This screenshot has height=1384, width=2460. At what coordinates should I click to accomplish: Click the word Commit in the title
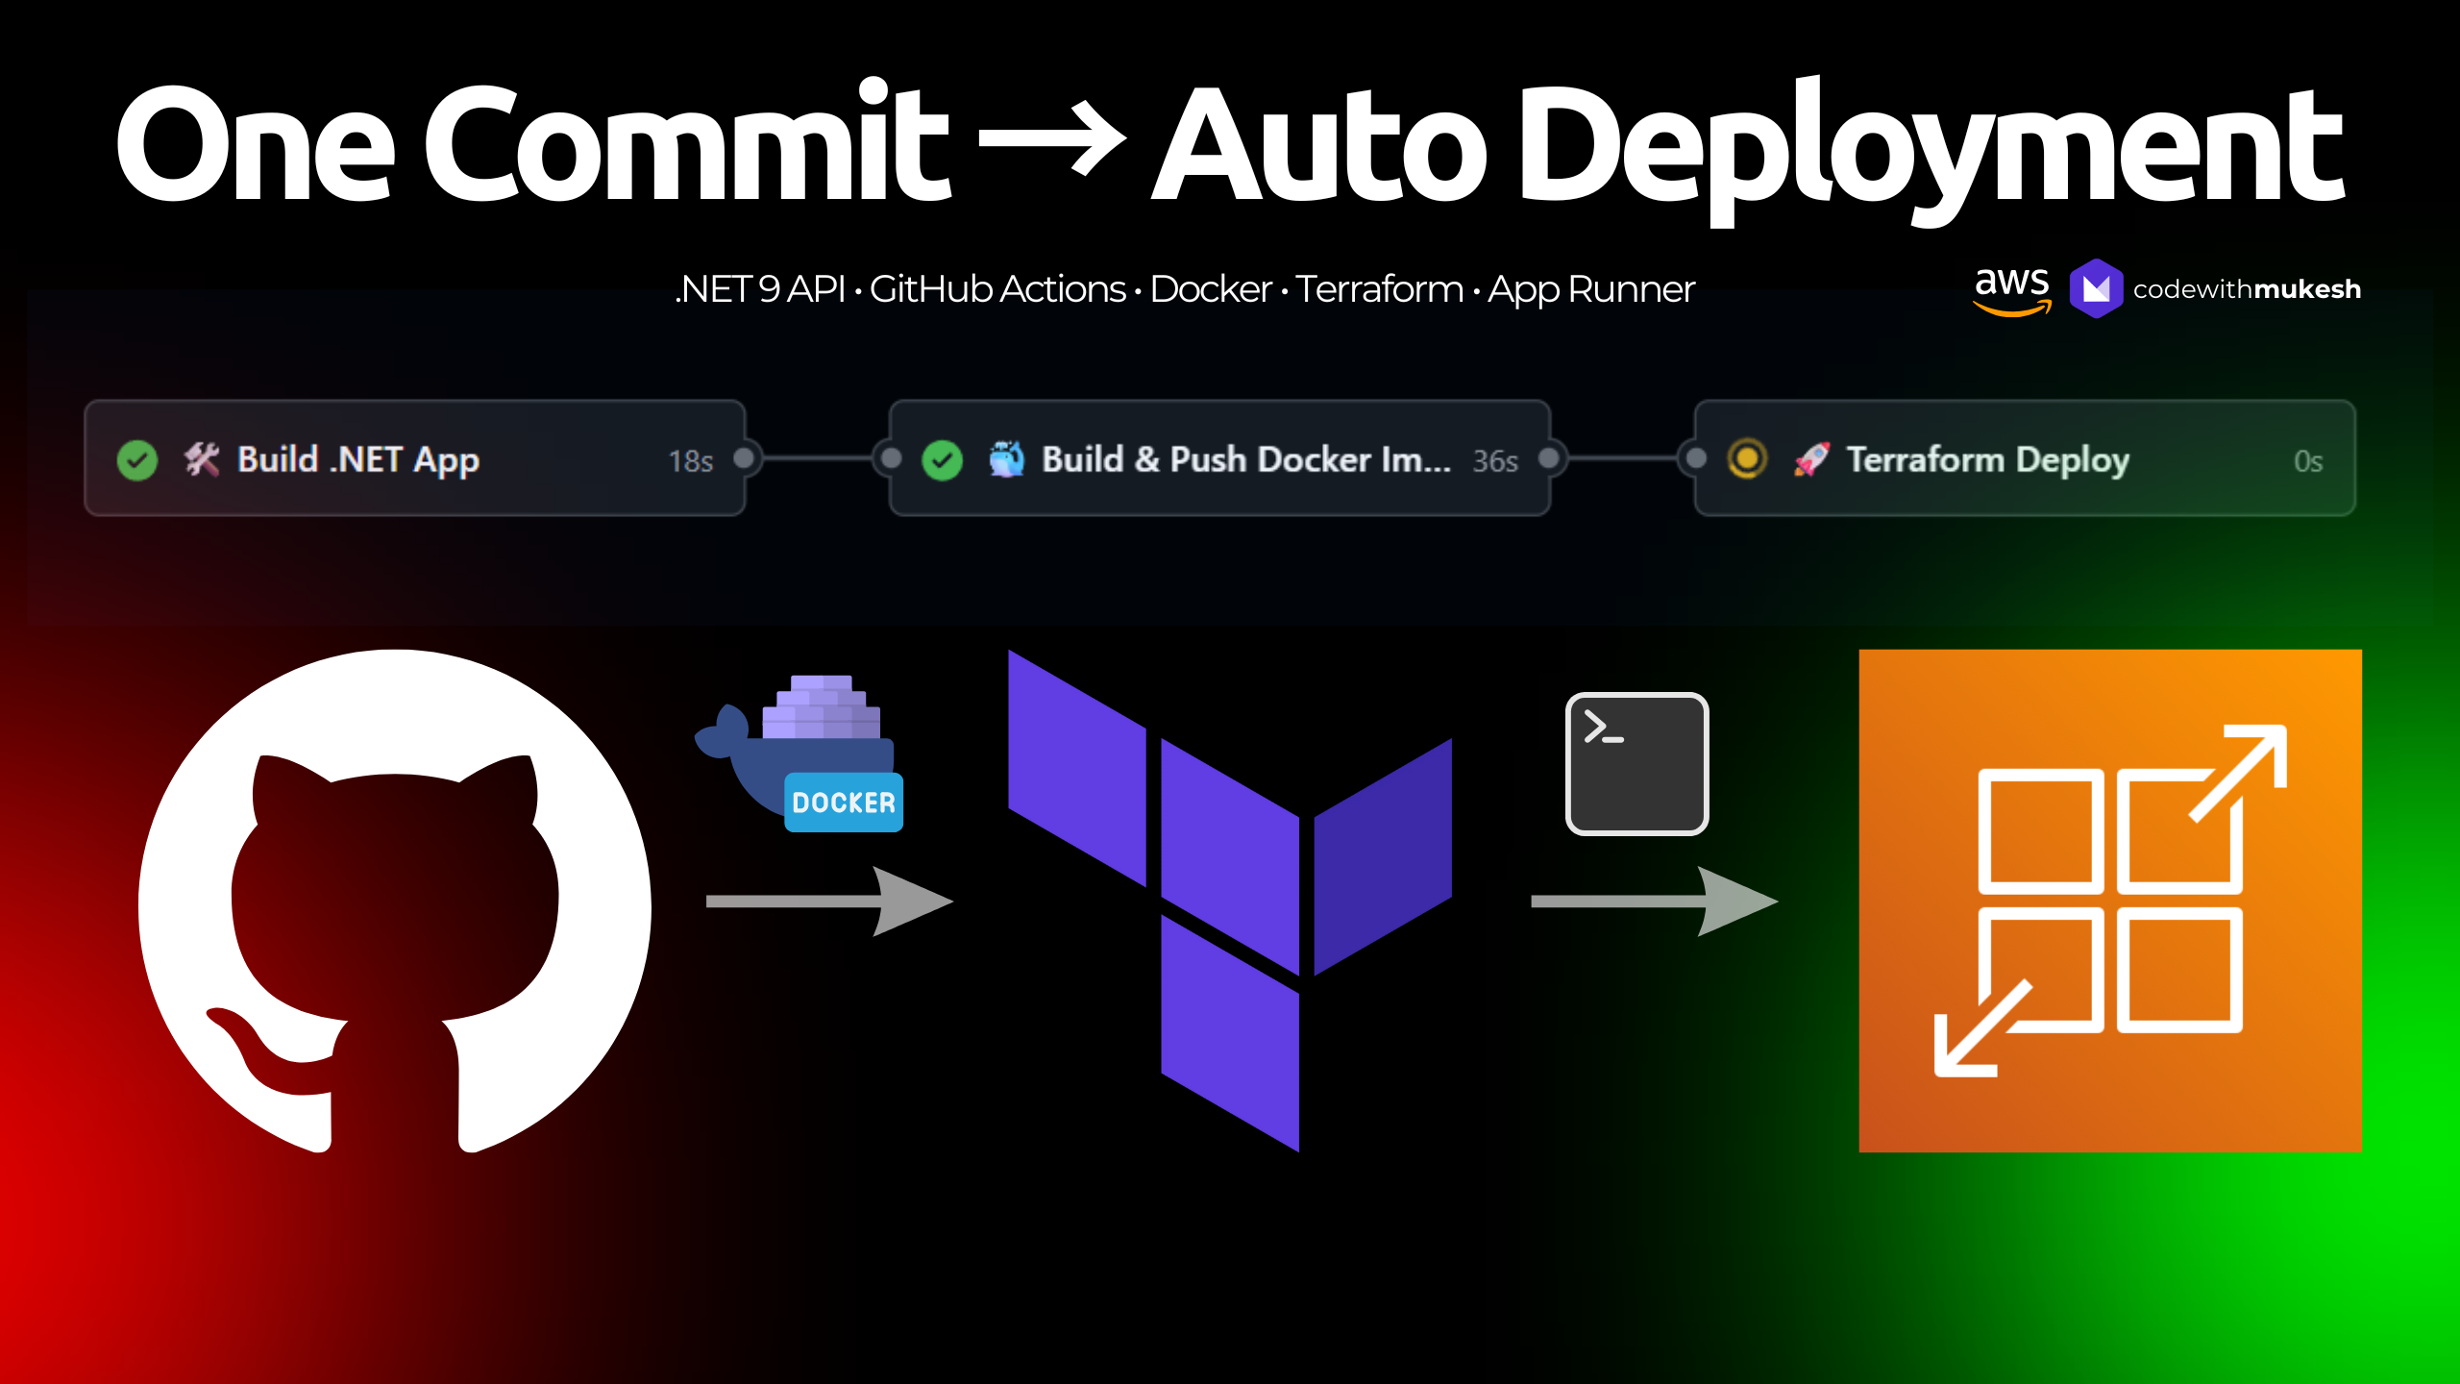click(x=686, y=144)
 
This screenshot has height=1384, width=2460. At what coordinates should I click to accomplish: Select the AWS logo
click(x=2011, y=288)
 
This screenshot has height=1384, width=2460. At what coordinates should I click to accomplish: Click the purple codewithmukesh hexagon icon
click(x=2096, y=288)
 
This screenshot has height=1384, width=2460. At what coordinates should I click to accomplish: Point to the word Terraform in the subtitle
click(x=1379, y=288)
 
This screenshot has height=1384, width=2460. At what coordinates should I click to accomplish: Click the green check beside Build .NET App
click(x=137, y=460)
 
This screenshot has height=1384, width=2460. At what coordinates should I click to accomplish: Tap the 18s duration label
click(x=690, y=461)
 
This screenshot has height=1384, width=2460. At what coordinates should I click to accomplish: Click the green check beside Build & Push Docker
click(x=942, y=460)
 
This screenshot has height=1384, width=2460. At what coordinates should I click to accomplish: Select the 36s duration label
click(x=1495, y=461)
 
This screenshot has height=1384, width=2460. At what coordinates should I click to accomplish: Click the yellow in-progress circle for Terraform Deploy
click(x=1747, y=458)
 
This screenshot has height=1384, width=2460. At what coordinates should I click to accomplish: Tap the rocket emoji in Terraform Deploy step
click(x=1811, y=459)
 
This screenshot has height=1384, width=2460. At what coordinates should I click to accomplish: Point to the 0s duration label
click(x=2308, y=461)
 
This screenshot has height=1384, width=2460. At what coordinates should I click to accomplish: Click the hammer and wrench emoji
click(x=202, y=459)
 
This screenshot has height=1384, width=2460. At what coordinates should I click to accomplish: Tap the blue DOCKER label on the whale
click(x=843, y=803)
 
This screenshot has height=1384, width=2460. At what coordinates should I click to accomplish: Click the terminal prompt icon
click(x=1636, y=763)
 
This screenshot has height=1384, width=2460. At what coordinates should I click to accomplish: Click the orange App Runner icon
click(x=2109, y=901)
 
